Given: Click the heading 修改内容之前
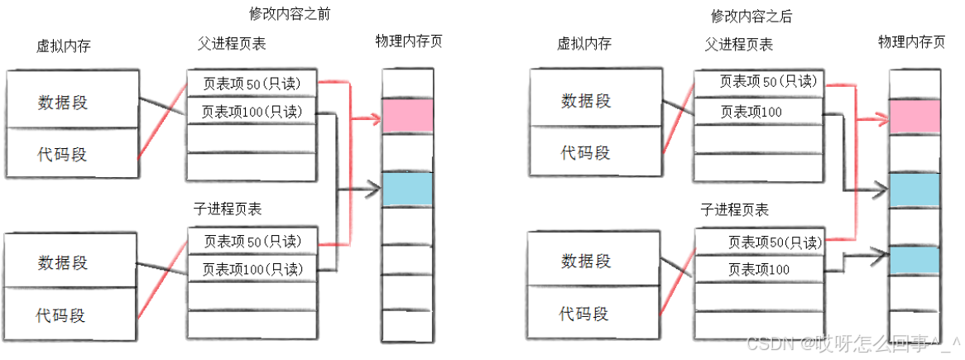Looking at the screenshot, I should pos(283,14).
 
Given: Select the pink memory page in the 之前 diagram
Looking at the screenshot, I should pos(407,115).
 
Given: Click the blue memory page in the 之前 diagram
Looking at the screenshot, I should pos(407,189).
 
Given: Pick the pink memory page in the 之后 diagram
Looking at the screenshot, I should pos(915,118).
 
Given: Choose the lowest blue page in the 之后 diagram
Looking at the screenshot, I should pos(915,260).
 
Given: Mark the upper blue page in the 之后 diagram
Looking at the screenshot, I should pos(915,190).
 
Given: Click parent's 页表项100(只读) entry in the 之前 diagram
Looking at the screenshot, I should pos(252,111).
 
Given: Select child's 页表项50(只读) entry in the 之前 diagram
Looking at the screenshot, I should pos(252,242).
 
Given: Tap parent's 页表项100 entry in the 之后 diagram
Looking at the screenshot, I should pos(758,111).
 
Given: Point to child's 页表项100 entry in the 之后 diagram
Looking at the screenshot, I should pos(758,269).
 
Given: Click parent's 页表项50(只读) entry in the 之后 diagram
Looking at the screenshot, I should pos(758,81).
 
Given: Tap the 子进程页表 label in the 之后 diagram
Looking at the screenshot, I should pos(734,210).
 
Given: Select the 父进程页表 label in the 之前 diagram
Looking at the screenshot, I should pos(232,43).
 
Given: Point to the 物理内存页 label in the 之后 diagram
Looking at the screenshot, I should pos(911,41).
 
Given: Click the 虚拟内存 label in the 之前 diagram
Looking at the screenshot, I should pos(63,46).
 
